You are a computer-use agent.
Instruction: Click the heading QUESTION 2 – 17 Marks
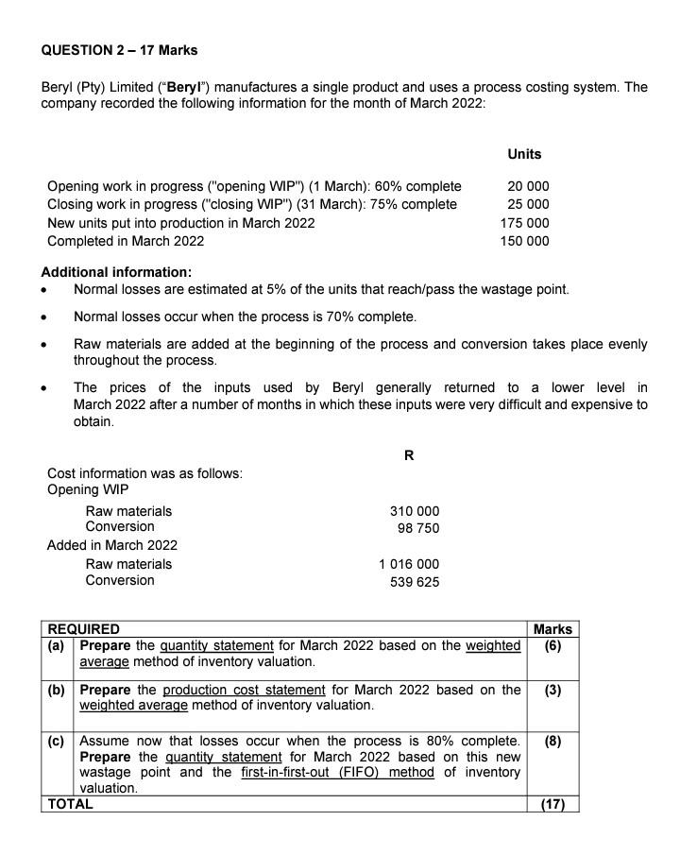(119, 49)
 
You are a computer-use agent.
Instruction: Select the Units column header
(524, 154)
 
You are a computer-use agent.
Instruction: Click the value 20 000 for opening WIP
(528, 186)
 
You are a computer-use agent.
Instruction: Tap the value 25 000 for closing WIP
(528, 204)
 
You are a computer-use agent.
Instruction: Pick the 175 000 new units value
(524, 223)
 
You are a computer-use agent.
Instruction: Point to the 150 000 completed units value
(524, 241)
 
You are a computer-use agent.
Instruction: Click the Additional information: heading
(116, 272)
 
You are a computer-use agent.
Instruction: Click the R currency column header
(408, 455)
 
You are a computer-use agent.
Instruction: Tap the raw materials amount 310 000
(415, 511)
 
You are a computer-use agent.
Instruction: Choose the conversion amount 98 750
(418, 528)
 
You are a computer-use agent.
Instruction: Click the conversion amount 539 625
(415, 582)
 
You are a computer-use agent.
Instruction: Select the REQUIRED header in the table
(84, 629)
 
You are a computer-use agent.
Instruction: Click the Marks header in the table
(552, 629)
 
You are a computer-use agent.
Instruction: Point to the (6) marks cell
(552, 646)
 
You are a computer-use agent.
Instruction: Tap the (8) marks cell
(552, 741)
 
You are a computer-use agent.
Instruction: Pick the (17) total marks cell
(552, 805)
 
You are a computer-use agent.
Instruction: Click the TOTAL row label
(71, 805)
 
